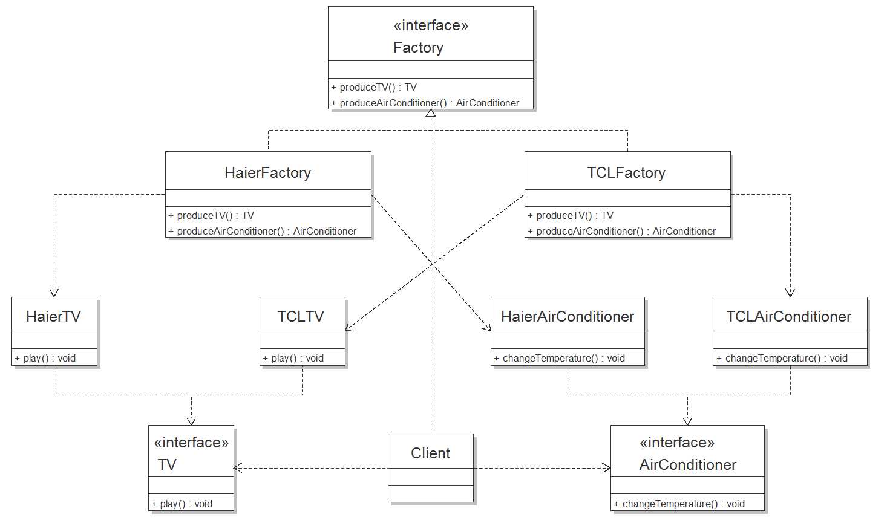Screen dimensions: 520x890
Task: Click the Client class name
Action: coord(430,453)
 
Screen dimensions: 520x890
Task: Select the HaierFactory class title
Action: coord(267,172)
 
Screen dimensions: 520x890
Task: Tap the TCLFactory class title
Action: coord(626,172)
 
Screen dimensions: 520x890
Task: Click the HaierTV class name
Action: coord(53,316)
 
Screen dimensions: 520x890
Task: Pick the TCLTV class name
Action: coord(301,316)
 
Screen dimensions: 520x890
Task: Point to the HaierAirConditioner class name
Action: coord(568,316)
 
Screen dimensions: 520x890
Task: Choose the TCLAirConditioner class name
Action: coord(789,316)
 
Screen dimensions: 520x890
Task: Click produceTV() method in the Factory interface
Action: coord(374,87)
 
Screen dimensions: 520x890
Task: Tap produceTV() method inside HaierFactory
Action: coord(211,215)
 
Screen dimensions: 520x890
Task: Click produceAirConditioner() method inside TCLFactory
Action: coord(621,231)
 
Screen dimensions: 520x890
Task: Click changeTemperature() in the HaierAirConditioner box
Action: coord(559,358)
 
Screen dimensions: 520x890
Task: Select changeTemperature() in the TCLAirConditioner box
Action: coord(782,358)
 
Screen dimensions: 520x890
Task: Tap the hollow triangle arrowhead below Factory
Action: coord(431,113)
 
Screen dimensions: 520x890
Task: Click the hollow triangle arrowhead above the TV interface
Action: coord(191,421)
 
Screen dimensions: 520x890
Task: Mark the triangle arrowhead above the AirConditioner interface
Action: coord(687,421)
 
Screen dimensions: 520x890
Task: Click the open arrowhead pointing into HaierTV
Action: coord(54,293)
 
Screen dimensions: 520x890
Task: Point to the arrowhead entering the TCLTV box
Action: coord(348,327)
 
